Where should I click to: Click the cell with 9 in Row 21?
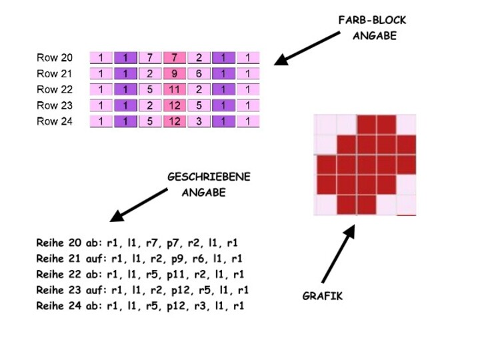pos(175,74)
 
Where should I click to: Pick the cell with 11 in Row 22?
pos(175,89)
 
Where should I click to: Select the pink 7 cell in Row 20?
pos(175,58)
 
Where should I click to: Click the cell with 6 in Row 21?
pos(199,74)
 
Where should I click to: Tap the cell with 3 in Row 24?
pos(199,121)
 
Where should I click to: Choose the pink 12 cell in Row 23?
pos(175,105)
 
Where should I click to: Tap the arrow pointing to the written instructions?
pos(139,204)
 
